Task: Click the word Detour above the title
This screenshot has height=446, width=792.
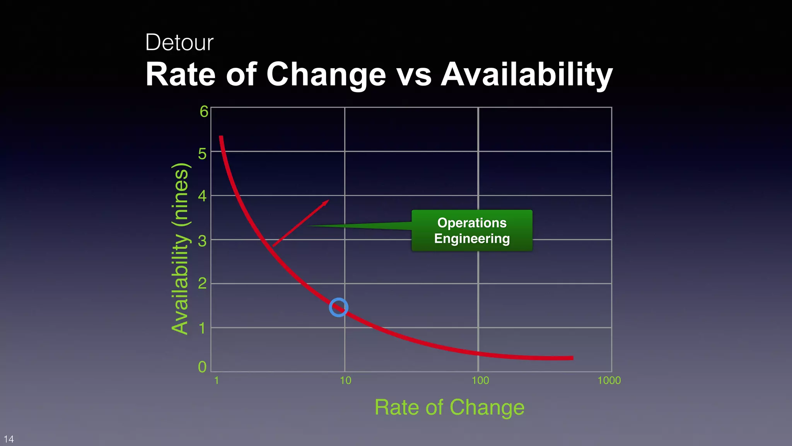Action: pos(179,42)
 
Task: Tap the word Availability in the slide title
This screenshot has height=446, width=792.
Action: pos(527,74)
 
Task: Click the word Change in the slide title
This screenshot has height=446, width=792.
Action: pos(326,74)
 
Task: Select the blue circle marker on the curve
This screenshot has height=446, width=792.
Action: pos(338,308)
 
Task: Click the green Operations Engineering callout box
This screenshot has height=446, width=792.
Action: pos(472,230)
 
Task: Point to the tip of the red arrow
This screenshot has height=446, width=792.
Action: pos(328,201)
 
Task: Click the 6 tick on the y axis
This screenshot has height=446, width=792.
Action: pos(204,112)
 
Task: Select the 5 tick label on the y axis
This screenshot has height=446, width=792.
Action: pos(202,154)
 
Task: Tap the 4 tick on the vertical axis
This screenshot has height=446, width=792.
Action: pos(202,196)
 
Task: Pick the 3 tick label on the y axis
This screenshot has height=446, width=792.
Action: pos(202,241)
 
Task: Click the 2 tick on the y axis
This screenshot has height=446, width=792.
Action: pos(202,284)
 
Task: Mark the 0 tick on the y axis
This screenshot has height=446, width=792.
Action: pos(202,367)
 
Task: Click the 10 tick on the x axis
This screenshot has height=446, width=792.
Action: pos(345,381)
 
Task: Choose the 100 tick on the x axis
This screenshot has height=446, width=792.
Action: pos(480,381)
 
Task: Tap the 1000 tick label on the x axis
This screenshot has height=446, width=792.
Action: pos(609,381)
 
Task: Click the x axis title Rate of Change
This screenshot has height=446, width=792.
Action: pos(449,407)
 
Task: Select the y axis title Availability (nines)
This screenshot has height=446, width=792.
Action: pos(180,249)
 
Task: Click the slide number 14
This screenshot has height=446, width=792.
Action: pos(9,439)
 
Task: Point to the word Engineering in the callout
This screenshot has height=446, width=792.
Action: pos(472,238)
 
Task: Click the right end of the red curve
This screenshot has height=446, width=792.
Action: pos(572,358)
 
